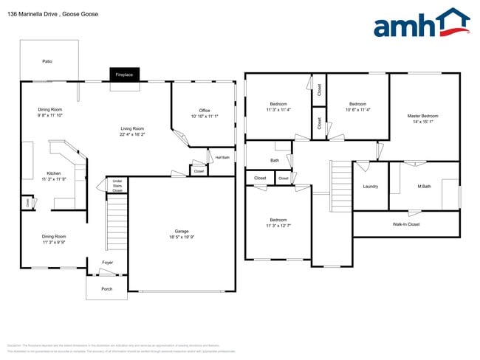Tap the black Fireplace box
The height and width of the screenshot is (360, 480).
[124, 75]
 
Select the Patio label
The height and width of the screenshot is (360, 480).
[47, 61]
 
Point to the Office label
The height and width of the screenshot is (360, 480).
[205, 111]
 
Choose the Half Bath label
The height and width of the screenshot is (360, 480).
[222, 157]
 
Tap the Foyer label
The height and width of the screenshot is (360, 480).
[107, 263]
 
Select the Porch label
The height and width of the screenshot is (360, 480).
[107, 288]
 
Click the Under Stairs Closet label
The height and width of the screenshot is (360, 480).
[117, 186]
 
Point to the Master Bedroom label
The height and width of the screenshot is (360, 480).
[423, 116]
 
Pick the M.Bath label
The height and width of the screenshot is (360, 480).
[424, 186]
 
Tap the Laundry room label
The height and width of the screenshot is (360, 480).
[370, 186]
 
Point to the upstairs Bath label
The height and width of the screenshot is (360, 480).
[275, 160]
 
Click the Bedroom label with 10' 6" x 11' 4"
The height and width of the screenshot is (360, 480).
[357, 104]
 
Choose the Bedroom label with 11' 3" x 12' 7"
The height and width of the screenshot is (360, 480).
[278, 220]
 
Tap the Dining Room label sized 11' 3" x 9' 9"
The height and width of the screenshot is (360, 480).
[54, 236]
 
